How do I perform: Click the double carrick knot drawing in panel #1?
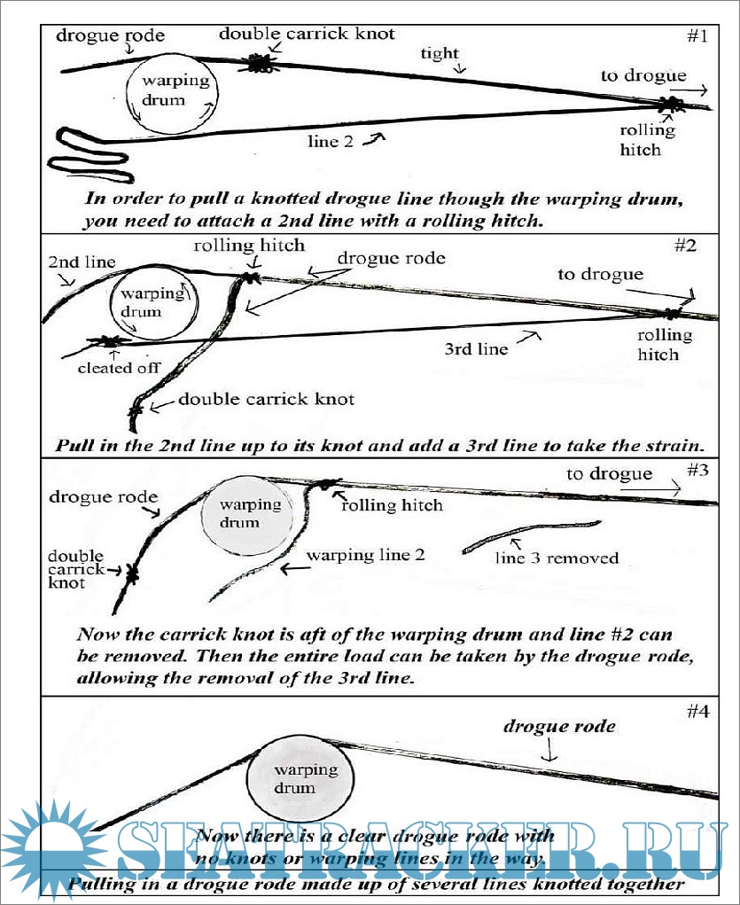(261, 63)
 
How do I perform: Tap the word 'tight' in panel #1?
(440, 53)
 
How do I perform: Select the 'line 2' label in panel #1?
(336, 141)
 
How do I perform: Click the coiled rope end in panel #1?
(89, 151)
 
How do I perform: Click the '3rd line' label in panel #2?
(476, 348)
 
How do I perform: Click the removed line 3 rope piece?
(532, 536)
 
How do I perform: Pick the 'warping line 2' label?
(365, 556)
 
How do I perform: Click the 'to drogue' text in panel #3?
(610, 473)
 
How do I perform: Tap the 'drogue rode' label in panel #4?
(559, 727)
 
